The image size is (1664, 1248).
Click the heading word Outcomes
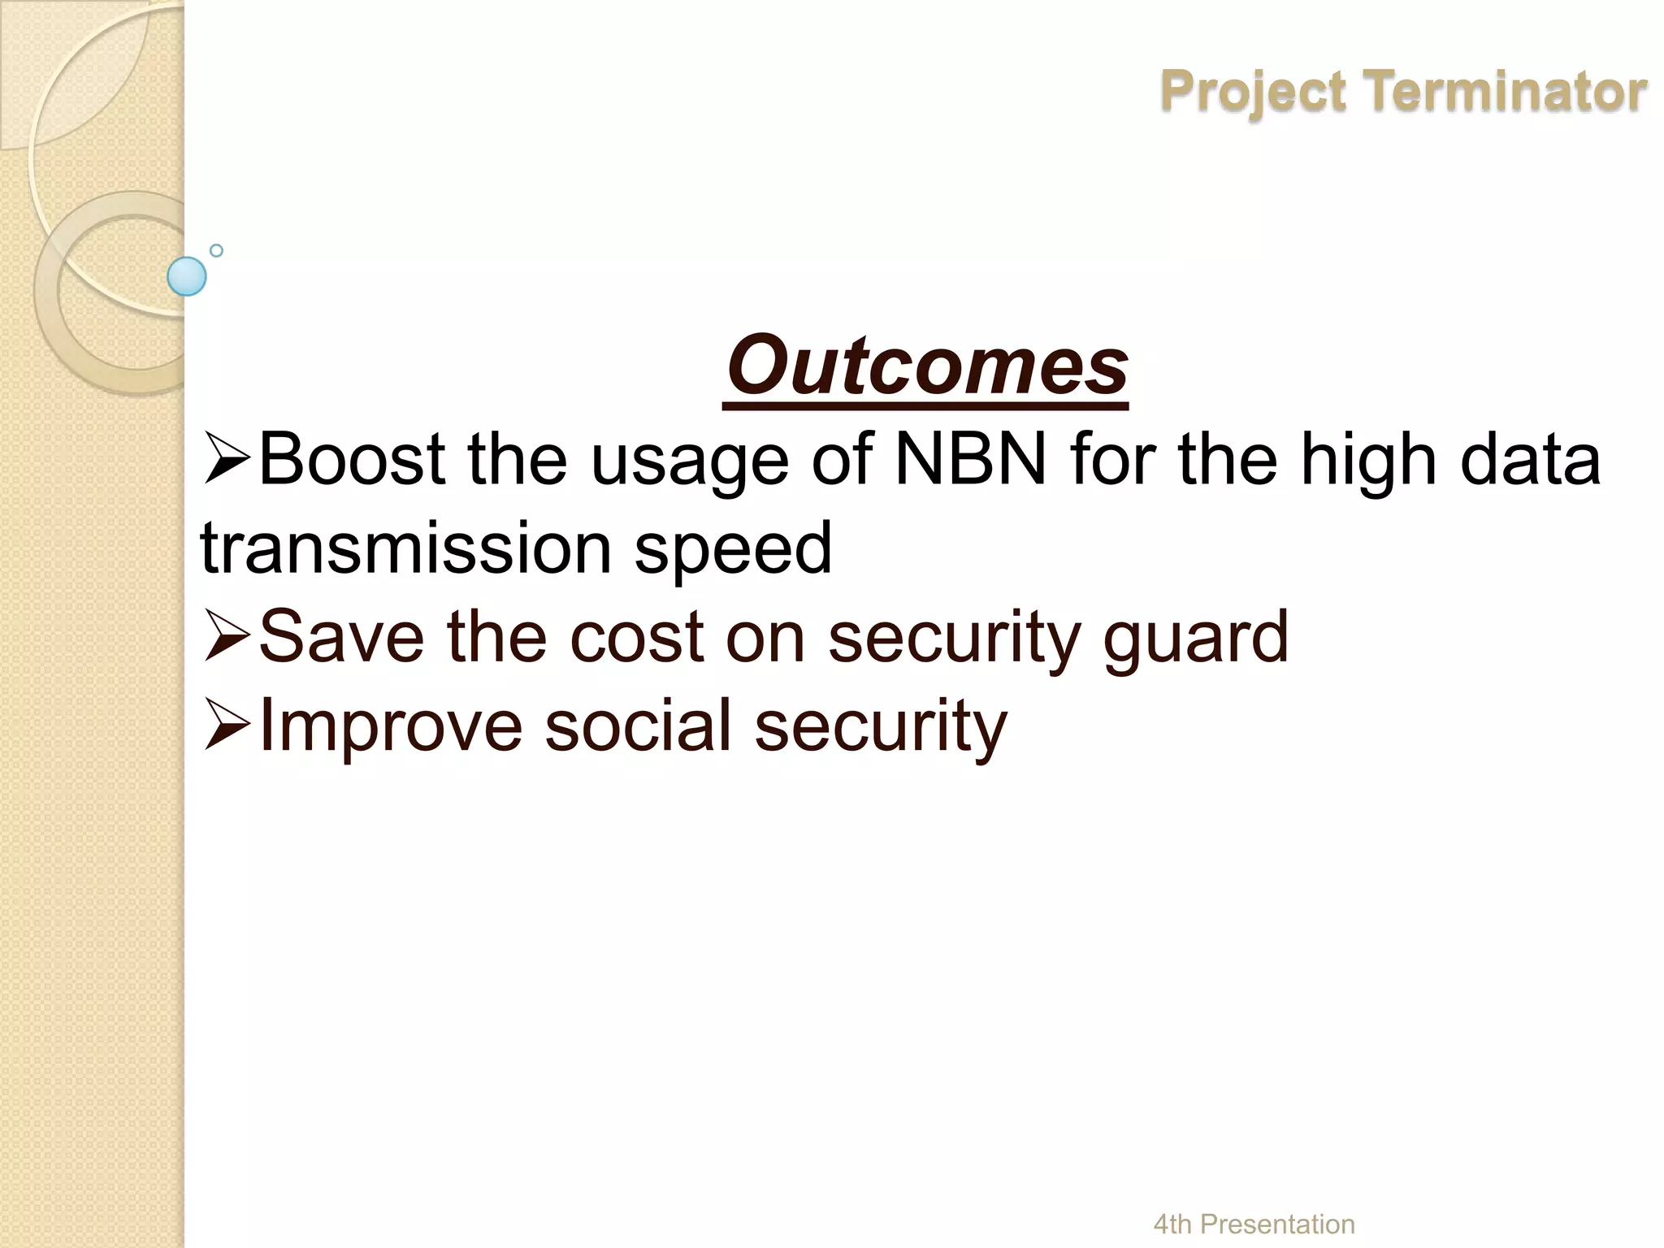pyautogui.click(x=926, y=366)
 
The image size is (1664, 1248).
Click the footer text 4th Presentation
pyautogui.click(x=1254, y=1224)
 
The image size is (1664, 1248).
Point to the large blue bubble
pyautogui.click(x=187, y=276)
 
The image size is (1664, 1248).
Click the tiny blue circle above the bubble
pyautogui.click(x=216, y=250)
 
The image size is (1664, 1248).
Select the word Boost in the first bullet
pyautogui.click(x=352, y=460)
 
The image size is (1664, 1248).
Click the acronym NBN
pyautogui.click(x=971, y=460)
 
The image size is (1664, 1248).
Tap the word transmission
pyautogui.click(x=406, y=548)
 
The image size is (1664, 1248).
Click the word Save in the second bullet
pyautogui.click(x=341, y=637)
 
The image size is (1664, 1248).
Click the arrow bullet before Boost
pyautogui.click(x=227, y=461)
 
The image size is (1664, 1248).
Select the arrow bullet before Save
pyautogui.click(x=227, y=639)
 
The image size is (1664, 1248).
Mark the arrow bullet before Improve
pyautogui.click(x=227, y=726)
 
